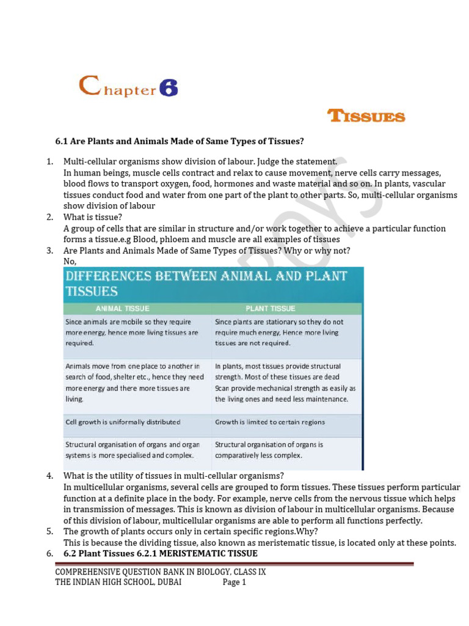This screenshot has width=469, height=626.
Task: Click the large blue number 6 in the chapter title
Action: pos(169,89)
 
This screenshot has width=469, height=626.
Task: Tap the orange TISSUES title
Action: pos(366,116)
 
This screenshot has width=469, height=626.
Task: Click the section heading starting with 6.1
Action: pos(180,141)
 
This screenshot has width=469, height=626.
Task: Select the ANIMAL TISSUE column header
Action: pos(122,308)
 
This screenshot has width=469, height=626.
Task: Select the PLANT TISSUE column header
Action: pos(270,308)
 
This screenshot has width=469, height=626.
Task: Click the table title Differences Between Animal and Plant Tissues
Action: pos(206,283)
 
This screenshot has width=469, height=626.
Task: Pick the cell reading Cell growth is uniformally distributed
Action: pos(123,422)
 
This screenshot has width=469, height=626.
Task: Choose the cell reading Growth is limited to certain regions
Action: pos(270,422)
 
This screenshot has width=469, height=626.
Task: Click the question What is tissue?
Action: pos(93,217)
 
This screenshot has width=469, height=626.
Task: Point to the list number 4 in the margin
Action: pos(49,476)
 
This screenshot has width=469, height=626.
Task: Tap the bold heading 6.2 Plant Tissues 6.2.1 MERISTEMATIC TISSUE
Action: pos(161,553)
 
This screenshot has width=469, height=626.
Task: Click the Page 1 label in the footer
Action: pos(234,583)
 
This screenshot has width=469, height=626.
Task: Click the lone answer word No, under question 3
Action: pos(70,261)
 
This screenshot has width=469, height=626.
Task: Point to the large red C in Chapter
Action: pos(89,86)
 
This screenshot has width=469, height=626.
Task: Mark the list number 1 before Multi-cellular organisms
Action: pos(49,162)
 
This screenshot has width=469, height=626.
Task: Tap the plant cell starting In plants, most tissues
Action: pos(285,382)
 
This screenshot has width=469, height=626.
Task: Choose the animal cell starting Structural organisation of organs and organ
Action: pos(133,450)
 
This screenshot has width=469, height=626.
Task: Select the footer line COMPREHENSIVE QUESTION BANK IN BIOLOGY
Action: pos(160,572)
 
